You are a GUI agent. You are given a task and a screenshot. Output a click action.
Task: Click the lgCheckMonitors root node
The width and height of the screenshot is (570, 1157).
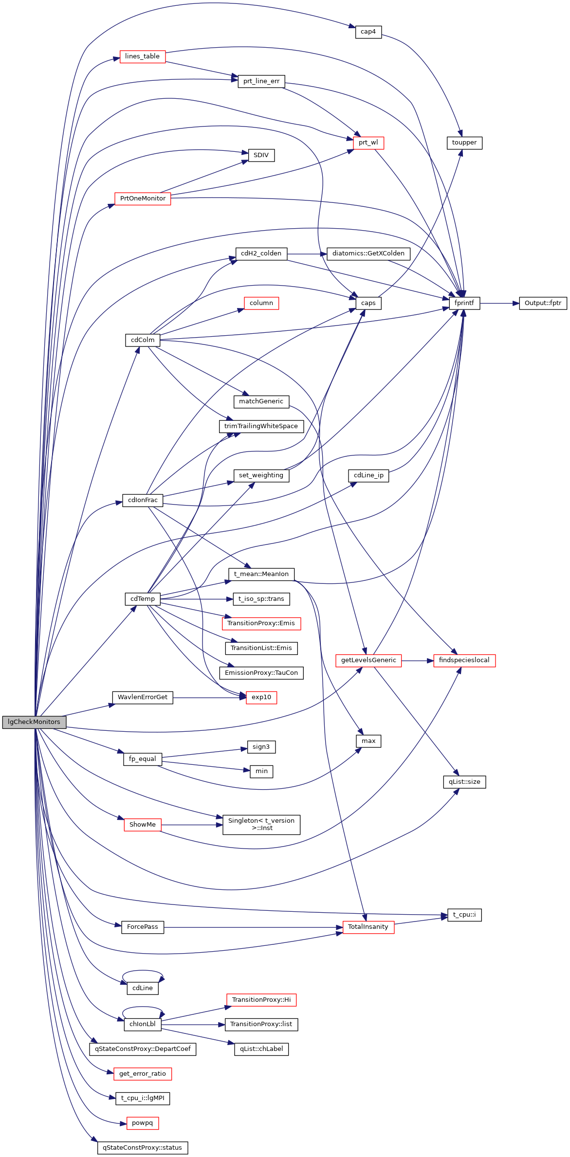(x=34, y=722)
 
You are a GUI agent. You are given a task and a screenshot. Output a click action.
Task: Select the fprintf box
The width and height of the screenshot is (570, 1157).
(x=464, y=303)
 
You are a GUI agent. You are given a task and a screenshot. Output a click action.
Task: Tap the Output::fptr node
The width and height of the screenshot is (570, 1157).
(x=542, y=303)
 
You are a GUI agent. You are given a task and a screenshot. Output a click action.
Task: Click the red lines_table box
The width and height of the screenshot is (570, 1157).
(x=142, y=56)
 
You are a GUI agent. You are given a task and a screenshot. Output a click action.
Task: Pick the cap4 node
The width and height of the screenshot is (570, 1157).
(x=368, y=32)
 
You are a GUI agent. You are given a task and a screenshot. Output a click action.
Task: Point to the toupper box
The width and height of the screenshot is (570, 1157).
(x=464, y=143)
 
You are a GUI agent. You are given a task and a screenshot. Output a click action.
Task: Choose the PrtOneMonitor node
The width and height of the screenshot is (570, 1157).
(x=142, y=199)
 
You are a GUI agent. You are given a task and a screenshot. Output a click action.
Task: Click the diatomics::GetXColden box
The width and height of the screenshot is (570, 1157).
(x=368, y=253)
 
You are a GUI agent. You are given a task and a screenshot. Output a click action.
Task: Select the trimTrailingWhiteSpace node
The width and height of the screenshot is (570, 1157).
(x=261, y=426)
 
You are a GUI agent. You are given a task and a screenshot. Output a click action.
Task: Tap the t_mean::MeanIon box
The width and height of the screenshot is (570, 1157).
(x=261, y=574)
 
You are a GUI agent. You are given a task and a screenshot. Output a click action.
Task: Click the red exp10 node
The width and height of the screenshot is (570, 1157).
(x=261, y=697)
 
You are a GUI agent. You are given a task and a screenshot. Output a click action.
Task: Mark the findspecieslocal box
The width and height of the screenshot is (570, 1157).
(x=464, y=660)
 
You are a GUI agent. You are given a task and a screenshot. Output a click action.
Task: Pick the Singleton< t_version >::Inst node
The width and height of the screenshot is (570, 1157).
(x=261, y=824)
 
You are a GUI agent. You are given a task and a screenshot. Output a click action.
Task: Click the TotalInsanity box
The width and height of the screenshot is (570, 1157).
(x=368, y=927)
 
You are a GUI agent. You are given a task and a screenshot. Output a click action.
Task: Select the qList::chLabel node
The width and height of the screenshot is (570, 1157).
(x=261, y=1049)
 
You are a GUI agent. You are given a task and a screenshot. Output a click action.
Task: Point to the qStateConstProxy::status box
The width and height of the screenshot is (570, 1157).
(x=142, y=1148)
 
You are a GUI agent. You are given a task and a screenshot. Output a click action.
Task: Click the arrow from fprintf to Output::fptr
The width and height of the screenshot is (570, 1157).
(x=499, y=303)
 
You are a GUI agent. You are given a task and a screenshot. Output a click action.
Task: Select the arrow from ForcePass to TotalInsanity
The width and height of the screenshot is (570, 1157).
(x=253, y=927)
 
